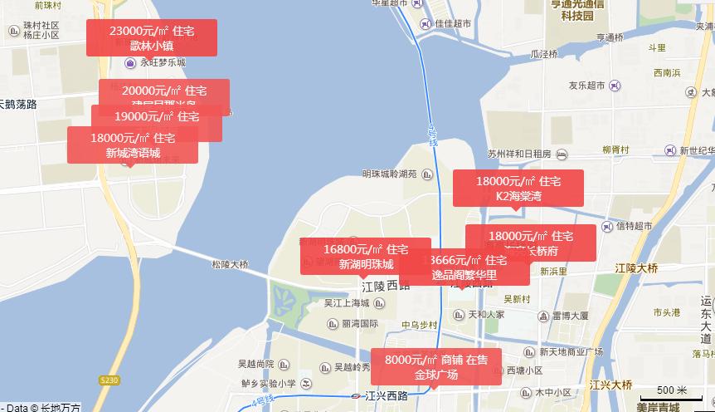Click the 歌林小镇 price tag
point(151,37)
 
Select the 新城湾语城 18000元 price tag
point(133,145)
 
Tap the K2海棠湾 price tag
point(518,188)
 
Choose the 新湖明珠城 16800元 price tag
point(365,256)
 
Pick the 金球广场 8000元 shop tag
point(435,367)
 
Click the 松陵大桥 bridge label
point(230,264)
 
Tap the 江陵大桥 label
point(636,268)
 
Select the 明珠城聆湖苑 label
point(390,174)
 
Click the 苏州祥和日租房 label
point(519,154)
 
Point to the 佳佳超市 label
point(453,24)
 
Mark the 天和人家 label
point(486,315)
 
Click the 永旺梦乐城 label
point(163,62)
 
